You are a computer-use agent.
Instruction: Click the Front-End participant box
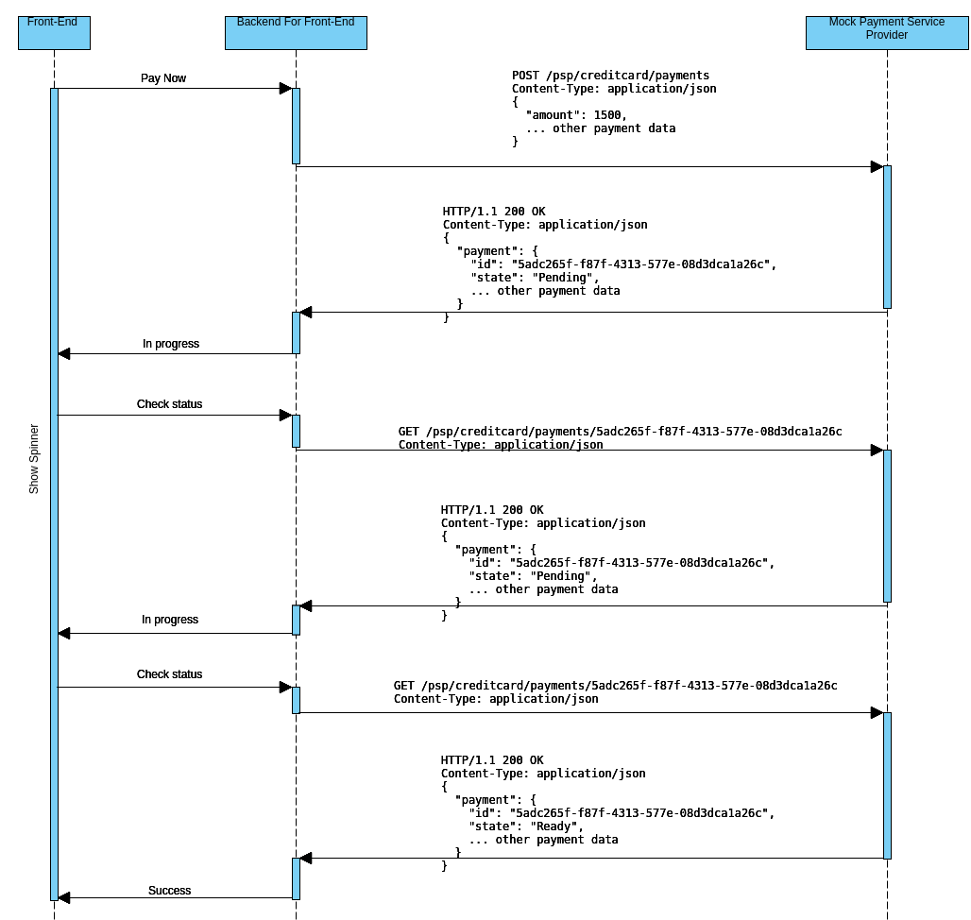point(54,32)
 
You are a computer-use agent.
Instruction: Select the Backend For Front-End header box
point(296,32)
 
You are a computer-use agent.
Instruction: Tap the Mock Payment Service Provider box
point(886,32)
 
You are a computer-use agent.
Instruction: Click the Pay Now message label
point(163,78)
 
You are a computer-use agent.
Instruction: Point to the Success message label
point(169,891)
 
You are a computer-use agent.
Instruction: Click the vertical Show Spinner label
point(34,458)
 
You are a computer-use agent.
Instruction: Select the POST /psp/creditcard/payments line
point(610,76)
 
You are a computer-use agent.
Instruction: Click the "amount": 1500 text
point(575,115)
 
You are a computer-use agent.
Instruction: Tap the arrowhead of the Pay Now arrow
point(285,89)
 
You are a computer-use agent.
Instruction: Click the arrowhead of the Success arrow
point(64,897)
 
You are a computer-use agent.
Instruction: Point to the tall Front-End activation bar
point(54,491)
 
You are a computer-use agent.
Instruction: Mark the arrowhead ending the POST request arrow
point(876,167)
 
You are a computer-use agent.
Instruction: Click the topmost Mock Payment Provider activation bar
point(887,236)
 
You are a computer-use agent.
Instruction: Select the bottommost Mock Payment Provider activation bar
point(887,785)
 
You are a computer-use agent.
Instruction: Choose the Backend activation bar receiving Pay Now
point(296,126)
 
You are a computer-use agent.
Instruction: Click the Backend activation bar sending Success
point(296,878)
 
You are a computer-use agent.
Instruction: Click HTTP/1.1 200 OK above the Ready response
point(492,760)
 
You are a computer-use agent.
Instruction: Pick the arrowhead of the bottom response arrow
point(306,858)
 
